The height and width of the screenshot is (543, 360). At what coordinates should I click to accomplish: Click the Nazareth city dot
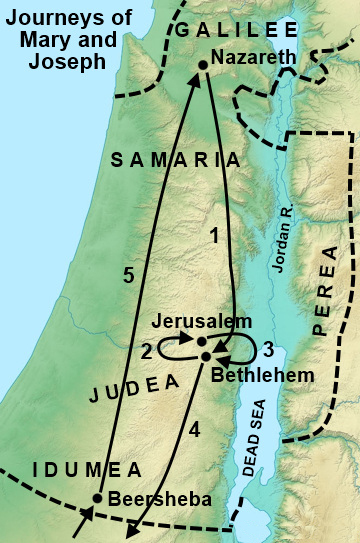point(203,65)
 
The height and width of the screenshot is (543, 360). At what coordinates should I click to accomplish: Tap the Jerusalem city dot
point(202,342)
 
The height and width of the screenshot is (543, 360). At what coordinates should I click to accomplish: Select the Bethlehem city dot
point(206,356)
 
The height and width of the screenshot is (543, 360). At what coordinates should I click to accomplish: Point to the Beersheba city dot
point(98,497)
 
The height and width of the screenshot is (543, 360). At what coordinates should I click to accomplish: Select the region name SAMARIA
point(175,159)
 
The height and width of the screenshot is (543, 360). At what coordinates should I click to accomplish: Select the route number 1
point(212,237)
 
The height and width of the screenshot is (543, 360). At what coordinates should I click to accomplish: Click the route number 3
point(266,352)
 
